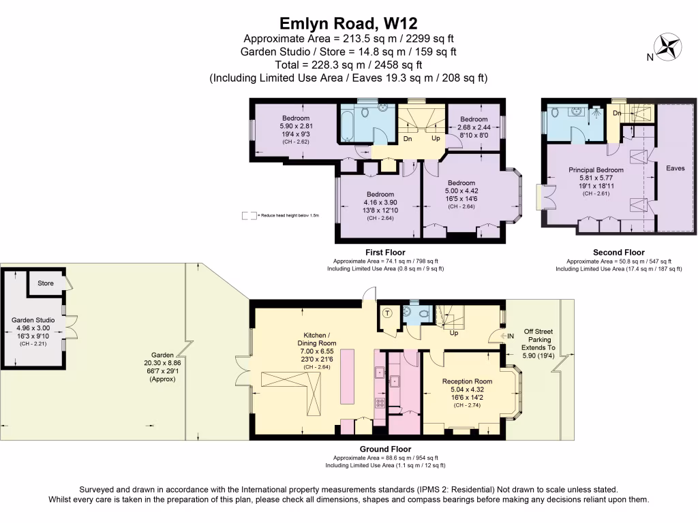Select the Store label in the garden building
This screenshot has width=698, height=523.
[x=46, y=283]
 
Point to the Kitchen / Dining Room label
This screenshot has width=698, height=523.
[x=317, y=339]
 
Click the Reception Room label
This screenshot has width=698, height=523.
[x=467, y=381]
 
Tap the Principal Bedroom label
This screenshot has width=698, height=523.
[x=596, y=170]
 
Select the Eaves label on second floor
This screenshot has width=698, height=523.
[x=675, y=168]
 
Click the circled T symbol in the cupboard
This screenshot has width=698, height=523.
[x=388, y=313]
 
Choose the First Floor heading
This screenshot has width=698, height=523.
[x=385, y=253]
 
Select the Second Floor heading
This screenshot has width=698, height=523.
[x=618, y=253]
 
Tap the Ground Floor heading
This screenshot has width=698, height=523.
[x=385, y=449]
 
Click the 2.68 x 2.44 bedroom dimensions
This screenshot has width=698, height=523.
[x=474, y=127]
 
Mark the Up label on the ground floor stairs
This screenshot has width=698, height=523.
[x=453, y=333]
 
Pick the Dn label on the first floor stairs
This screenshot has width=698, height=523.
[x=408, y=138]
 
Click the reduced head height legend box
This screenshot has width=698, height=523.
[x=249, y=215]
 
